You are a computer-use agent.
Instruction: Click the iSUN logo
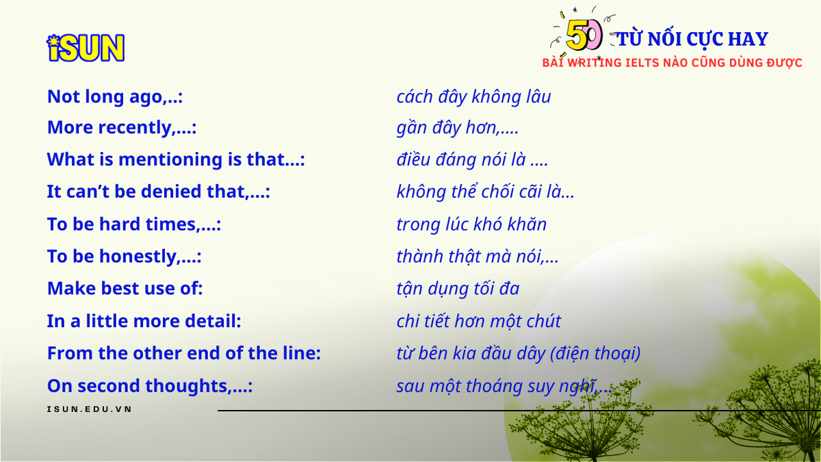click(86, 48)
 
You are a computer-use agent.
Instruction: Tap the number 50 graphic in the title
click(584, 35)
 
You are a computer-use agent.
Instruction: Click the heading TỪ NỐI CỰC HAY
click(692, 39)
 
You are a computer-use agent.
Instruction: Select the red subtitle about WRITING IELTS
click(672, 63)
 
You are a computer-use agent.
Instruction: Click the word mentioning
click(170, 159)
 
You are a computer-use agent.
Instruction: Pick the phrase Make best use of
click(125, 288)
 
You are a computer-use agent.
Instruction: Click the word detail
click(213, 321)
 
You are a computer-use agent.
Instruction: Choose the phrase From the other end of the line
click(184, 353)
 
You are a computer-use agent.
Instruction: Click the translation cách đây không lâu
click(473, 97)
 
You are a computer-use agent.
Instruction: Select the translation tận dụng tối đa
click(458, 289)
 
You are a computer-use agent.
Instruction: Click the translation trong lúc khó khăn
click(471, 224)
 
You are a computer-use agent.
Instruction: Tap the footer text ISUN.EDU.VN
click(90, 409)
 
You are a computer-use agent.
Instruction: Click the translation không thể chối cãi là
click(485, 192)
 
